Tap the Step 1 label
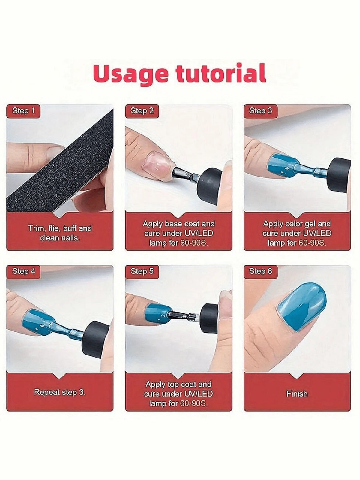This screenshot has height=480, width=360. [23, 111]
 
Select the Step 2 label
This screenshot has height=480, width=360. [142, 111]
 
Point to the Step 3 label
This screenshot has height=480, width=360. [261, 111]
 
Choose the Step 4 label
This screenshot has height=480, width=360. [23, 272]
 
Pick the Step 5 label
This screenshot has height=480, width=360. [142, 272]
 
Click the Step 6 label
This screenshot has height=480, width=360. [261, 272]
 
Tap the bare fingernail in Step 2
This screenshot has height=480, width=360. [157, 163]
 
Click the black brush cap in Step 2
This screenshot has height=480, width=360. [210, 183]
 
